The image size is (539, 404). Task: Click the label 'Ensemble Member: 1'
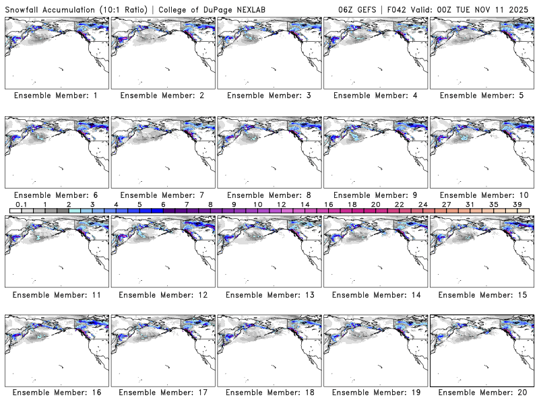click(55, 96)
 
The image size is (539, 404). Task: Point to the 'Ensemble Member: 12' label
click(162, 294)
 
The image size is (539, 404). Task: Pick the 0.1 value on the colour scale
click(21, 205)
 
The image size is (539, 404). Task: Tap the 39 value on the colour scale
click(517, 205)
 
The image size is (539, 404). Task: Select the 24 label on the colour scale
click(423, 205)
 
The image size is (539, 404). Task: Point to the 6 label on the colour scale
click(163, 205)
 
